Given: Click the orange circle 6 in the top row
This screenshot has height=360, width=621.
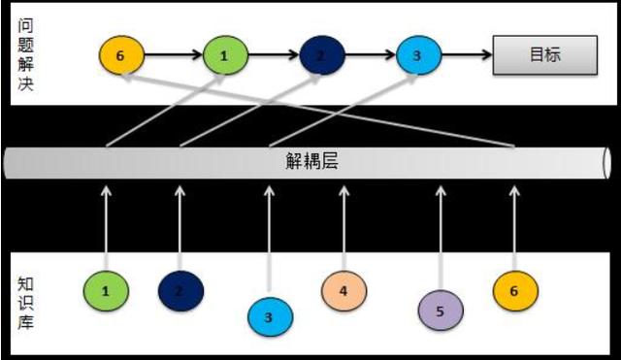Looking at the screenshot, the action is coord(120,55).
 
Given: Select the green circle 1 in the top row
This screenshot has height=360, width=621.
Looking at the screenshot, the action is coord(224,55).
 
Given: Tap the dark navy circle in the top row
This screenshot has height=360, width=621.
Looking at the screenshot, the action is coord(321,55).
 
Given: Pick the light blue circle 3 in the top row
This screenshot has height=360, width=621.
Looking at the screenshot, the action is coord(417,55).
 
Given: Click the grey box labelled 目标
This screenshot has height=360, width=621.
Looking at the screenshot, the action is coord(543,55).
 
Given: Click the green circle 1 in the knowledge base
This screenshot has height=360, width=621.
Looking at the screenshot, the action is coord(106,289).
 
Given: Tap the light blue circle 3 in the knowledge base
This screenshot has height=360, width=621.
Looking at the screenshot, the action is coord(269,315).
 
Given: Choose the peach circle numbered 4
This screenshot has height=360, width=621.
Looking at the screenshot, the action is coord(344,288).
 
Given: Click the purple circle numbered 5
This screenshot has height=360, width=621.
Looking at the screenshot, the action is coord(440,311).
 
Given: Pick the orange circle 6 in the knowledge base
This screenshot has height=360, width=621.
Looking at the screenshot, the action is coord(514,289).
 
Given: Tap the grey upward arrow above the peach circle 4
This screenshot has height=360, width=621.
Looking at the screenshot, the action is coord(343,223).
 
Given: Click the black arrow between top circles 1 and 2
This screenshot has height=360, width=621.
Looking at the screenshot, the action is coord(273,55).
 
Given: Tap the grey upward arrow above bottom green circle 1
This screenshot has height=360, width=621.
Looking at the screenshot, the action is coord(107,223).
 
